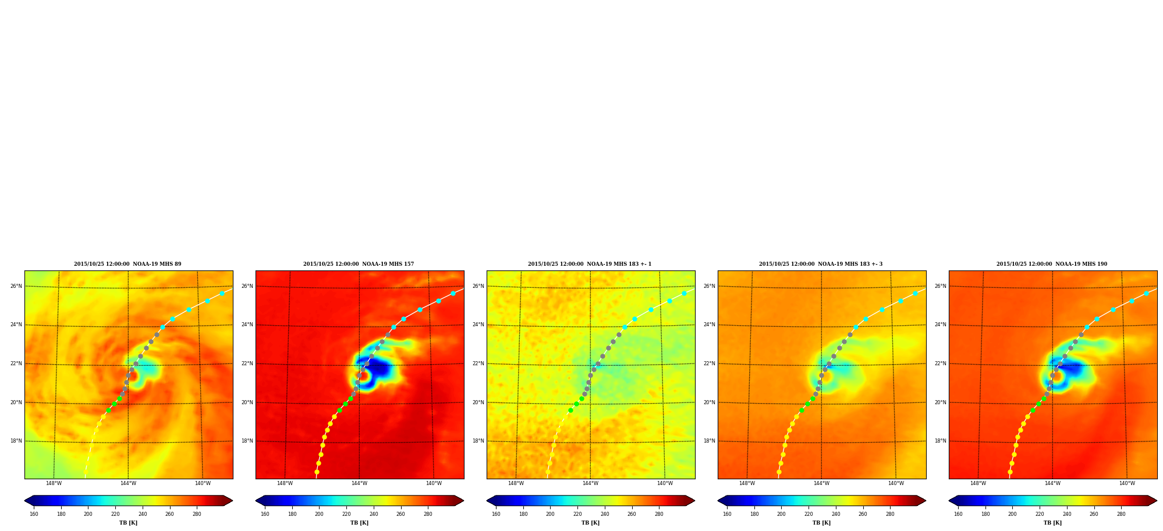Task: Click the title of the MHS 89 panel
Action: click(x=127, y=264)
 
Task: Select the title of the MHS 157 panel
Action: click(x=359, y=264)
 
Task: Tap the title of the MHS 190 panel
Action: click(x=1052, y=264)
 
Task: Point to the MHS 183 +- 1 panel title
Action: click(x=590, y=264)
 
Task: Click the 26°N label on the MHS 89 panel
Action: click(x=16, y=286)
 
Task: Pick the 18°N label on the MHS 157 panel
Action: click(x=247, y=441)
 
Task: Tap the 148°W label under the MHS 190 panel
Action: click(x=978, y=483)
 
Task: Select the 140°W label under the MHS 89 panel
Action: click(x=203, y=483)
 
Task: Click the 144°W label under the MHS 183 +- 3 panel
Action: click(x=821, y=483)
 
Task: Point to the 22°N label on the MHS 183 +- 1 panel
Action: click(x=478, y=363)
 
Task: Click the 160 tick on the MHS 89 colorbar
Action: click(x=34, y=514)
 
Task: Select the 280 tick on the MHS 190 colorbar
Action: click(x=1121, y=514)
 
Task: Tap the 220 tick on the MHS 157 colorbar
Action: click(x=346, y=514)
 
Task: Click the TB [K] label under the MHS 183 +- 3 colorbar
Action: click(x=821, y=523)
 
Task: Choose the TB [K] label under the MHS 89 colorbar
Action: click(x=128, y=523)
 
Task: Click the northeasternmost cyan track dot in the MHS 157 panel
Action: click(x=453, y=293)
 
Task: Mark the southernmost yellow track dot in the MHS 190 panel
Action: click(x=1010, y=472)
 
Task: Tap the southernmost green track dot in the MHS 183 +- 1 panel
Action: click(x=570, y=410)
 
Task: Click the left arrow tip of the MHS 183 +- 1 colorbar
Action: click(x=487, y=501)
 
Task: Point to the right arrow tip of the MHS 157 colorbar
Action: click(x=464, y=501)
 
